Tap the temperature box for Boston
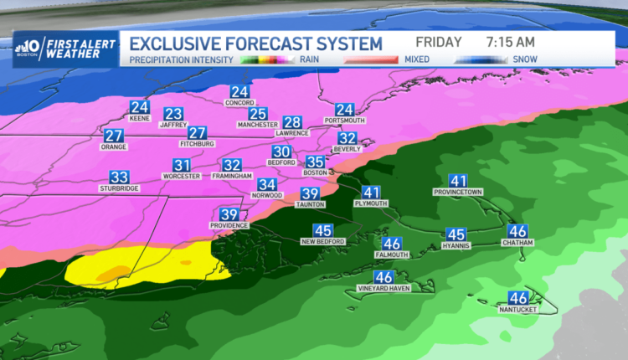pos(315,162)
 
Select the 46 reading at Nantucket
pos(518,297)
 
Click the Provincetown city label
pos(457,192)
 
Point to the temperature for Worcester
pos(182,165)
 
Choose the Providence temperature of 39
pos(229,213)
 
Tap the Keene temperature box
pos(139,107)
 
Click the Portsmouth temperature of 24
pos(345,110)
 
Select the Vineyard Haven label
pos(384,289)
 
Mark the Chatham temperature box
pos(518,231)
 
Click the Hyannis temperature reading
pos(456,234)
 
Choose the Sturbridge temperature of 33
pos(119,177)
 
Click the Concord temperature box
pos(240,92)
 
